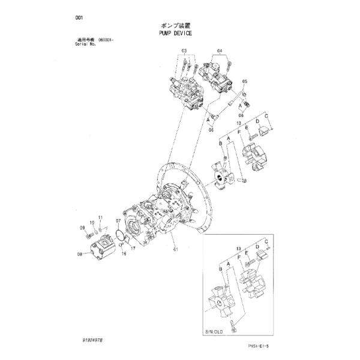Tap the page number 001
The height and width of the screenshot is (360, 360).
(77, 17)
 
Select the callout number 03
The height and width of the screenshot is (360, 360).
(184, 50)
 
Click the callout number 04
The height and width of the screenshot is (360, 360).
(220, 50)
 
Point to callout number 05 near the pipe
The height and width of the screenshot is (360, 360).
(244, 81)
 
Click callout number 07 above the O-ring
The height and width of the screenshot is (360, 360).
(119, 221)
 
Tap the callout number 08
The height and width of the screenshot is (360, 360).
(80, 254)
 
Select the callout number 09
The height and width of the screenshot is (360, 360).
(82, 227)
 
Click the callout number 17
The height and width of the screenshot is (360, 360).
(134, 248)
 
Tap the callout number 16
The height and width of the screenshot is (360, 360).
(124, 254)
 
